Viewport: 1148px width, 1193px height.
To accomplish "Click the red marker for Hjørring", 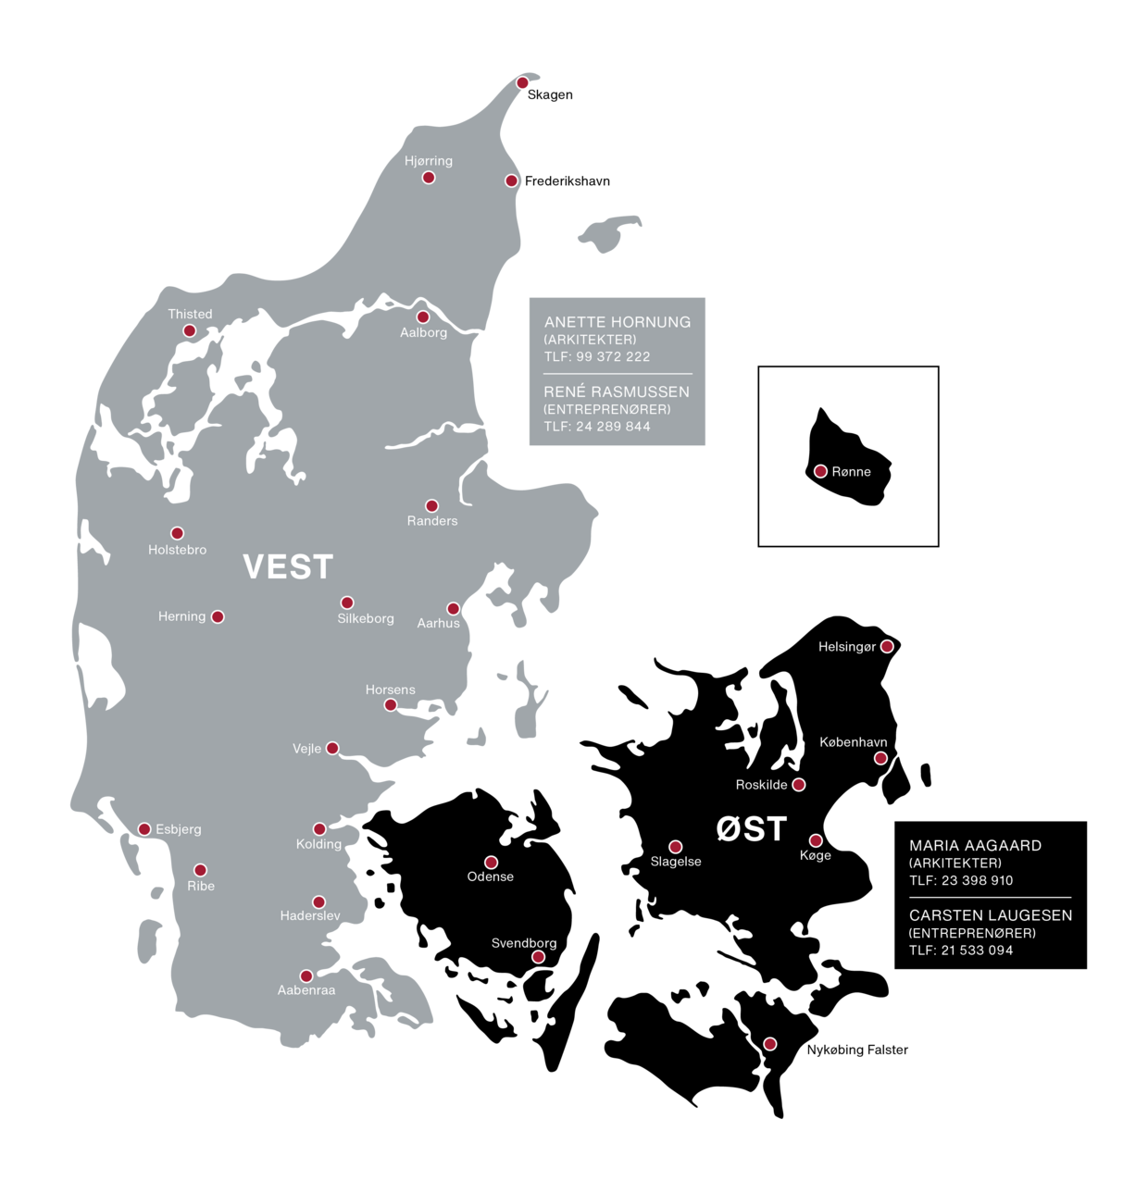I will pyautogui.click(x=429, y=178).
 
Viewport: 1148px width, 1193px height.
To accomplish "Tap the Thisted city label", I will pyautogui.click(x=190, y=315).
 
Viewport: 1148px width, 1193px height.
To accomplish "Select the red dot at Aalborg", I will pyautogui.click(x=423, y=317).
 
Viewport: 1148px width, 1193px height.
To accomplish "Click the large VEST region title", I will pyautogui.click(x=288, y=567).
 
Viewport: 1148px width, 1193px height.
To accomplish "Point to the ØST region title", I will pyautogui.click(x=752, y=829).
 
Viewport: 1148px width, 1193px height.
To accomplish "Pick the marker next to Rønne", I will pyautogui.click(x=820, y=472).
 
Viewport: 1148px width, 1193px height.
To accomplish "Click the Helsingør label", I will pyautogui.click(x=846, y=647).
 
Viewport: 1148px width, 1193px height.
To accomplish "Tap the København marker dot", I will pyautogui.click(x=880, y=759).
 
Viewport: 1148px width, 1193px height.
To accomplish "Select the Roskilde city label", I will pyautogui.click(x=761, y=785).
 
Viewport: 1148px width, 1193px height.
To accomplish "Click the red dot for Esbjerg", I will pyautogui.click(x=144, y=829).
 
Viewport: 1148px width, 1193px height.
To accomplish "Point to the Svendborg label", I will pyautogui.click(x=524, y=943).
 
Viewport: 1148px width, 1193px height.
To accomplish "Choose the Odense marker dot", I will pyautogui.click(x=492, y=863).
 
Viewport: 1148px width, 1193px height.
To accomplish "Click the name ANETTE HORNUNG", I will pyautogui.click(x=618, y=322).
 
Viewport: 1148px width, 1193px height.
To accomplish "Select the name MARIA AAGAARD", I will pyautogui.click(x=975, y=846).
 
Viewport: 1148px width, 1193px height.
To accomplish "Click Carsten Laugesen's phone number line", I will pyautogui.click(x=961, y=951).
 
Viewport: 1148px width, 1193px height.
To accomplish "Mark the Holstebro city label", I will pyautogui.click(x=178, y=550).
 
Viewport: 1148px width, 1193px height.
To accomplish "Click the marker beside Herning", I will pyautogui.click(x=218, y=617).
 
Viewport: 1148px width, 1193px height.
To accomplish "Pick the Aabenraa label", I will pyautogui.click(x=306, y=990).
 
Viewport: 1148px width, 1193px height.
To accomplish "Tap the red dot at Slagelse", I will pyautogui.click(x=676, y=847).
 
